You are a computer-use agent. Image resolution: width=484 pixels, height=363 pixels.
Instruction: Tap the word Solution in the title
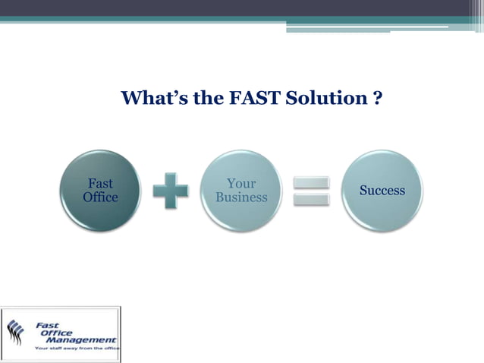tap(332, 98)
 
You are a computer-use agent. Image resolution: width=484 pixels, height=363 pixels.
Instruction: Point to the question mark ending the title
tap(377, 98)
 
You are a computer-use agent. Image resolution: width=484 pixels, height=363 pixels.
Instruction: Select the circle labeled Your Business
tap(241, 191)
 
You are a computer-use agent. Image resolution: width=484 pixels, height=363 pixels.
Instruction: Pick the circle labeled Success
tap(382, 191)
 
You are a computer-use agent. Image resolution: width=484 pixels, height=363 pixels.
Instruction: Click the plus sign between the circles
tap(170, 191)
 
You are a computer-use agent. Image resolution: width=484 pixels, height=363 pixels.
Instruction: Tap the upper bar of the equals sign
tap(311, 183)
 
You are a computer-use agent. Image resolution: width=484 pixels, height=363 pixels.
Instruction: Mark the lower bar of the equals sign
tap(311, 199)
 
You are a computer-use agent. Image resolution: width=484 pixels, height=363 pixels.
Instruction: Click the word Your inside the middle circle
tap(241, 184)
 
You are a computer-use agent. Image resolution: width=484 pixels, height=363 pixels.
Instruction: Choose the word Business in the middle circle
tap(241, 197)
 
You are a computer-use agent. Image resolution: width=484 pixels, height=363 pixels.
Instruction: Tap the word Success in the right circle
tap(382, 191)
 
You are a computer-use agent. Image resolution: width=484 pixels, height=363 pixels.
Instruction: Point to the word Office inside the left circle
tap(100, 197)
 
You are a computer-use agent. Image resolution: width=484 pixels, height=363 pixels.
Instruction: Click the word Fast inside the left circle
tap(100, 184)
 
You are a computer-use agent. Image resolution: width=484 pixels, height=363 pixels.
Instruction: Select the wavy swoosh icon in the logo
tap(16, 331)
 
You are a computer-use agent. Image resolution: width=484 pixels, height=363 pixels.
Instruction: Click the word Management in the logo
tap(83, 340)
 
